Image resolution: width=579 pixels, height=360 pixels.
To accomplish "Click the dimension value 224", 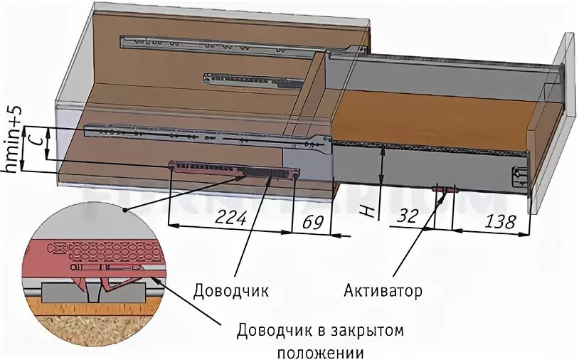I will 231,219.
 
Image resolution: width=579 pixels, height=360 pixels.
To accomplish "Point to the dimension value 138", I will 499,221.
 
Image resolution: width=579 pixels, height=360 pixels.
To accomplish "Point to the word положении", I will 320,351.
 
